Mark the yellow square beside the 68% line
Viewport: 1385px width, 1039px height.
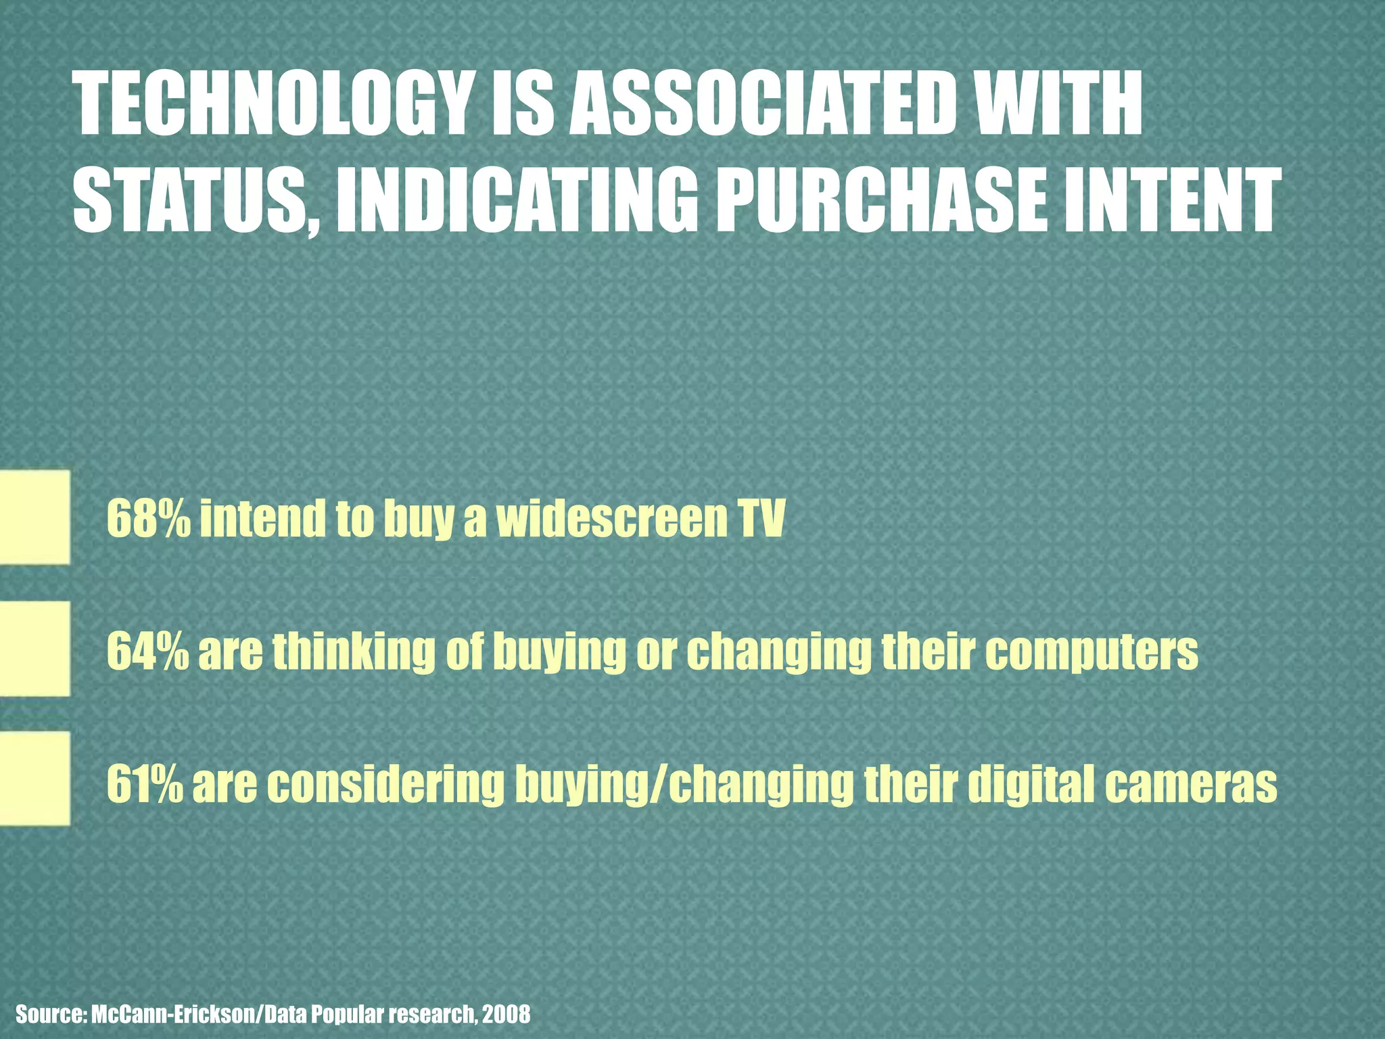(x=34, y=517)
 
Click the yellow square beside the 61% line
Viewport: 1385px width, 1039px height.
(x=34, y=779)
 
